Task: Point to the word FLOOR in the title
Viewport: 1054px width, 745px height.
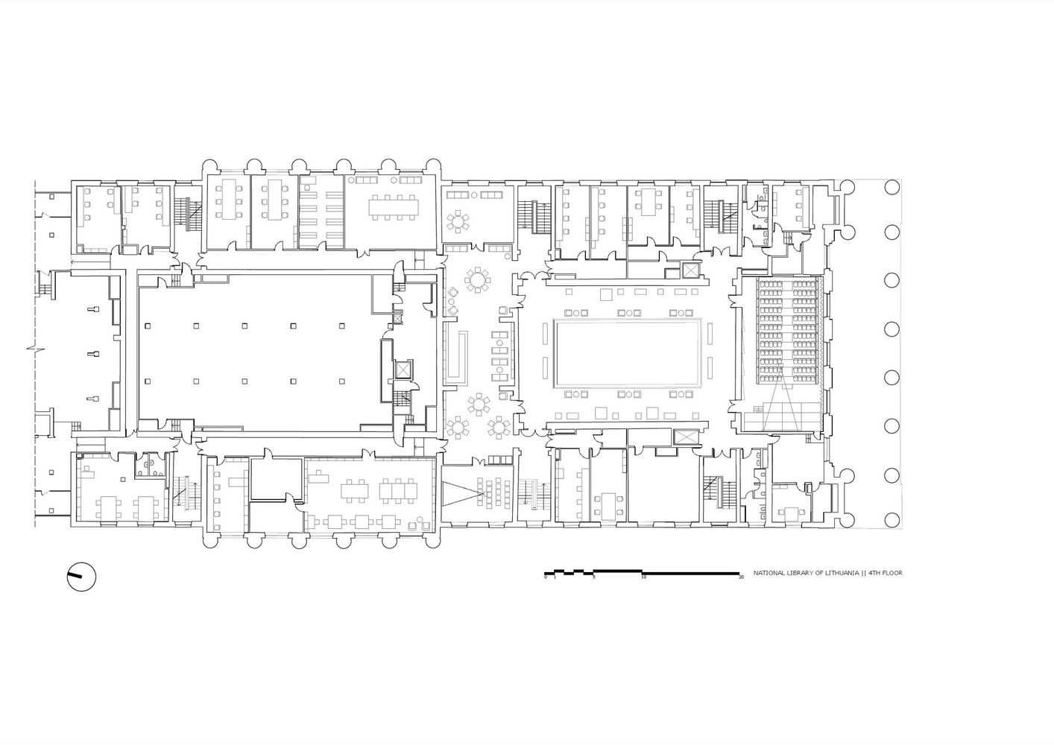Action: (892, 574)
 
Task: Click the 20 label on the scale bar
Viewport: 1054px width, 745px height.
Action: (741, 577)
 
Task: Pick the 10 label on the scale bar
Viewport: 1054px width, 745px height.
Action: (643, 577)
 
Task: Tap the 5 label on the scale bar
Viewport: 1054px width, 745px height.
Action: (594, 577)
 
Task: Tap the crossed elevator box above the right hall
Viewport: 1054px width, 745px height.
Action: (690, 271)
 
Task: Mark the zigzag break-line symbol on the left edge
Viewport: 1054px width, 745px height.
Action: (36, 349)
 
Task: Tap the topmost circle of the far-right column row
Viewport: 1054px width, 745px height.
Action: (892, 187)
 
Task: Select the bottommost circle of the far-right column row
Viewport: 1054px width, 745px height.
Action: (892, 520)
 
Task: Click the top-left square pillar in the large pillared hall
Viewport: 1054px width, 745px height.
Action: (148, 325)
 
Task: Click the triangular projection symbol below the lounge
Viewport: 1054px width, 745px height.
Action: (462, 493)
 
